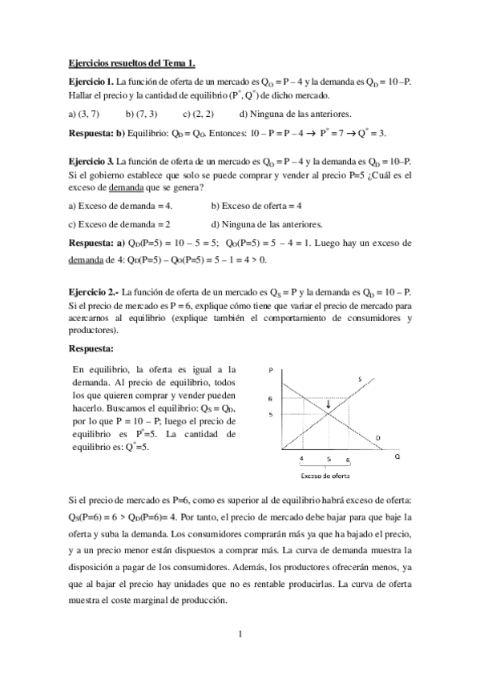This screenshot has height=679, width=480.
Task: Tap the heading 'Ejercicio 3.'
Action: (x=91, y=161)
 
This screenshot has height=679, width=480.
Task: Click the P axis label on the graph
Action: (x=272, y=369)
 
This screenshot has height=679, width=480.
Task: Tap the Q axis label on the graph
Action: (x=397, y=456)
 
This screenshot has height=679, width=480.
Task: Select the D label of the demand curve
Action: (x=377, y=436)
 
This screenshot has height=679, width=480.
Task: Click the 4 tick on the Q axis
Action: (x=301, y=459)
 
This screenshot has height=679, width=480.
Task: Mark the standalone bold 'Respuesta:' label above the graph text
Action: (x=91, y=349)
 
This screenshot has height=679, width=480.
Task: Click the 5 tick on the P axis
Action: (x=271, y=414)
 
